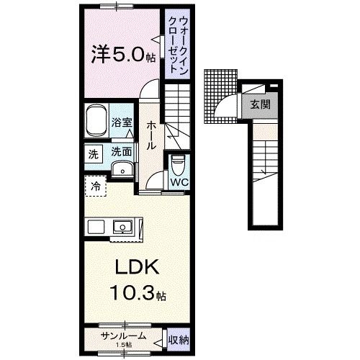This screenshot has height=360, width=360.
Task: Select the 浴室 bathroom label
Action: click(122, 123)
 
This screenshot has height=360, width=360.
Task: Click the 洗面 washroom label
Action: click(122, 152)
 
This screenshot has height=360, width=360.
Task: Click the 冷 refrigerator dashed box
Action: click(96, 186)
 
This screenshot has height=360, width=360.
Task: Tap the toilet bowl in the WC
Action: click(177, 165)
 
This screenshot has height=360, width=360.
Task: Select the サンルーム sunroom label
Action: click(124, 336)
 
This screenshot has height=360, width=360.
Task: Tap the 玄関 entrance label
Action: click(260, 104)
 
